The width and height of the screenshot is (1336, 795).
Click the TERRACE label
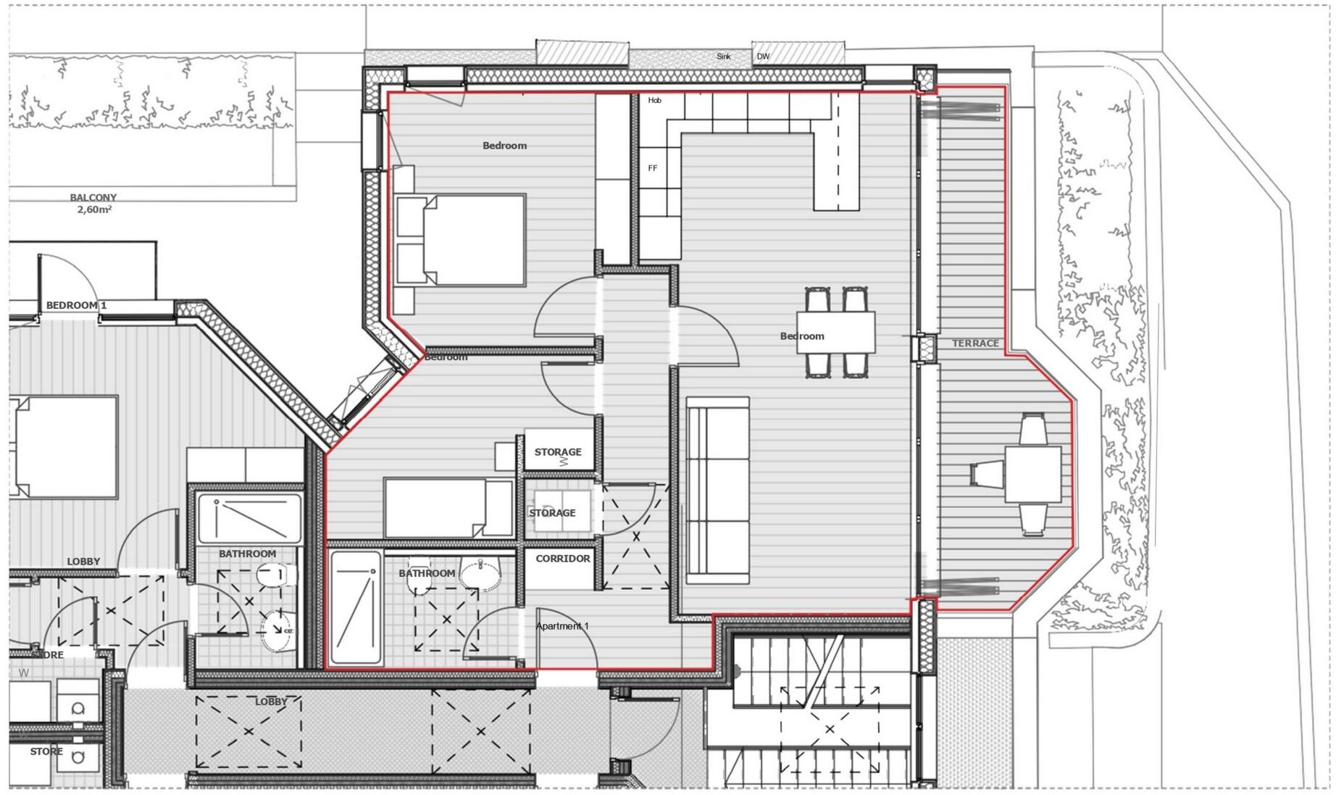(974, 344)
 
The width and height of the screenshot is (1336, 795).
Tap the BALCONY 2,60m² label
(93, 204)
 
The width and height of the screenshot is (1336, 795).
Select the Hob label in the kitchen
(654, 101)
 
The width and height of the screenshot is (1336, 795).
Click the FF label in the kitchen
(653, 168)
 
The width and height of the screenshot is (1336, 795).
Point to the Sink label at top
(723, 57)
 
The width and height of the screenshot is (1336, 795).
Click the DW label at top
(763, 57)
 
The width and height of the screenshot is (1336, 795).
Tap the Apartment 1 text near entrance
(562, 626)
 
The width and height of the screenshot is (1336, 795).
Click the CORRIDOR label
(562, 559)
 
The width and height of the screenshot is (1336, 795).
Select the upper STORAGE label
(557, 452)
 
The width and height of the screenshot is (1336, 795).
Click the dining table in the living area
(835, 333)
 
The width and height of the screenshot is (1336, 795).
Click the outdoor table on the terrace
(1032, 474)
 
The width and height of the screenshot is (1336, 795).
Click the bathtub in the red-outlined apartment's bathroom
(356, 607)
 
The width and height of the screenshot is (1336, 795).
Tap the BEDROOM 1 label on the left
(76, 305)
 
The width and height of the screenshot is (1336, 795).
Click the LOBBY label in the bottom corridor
(271, 702)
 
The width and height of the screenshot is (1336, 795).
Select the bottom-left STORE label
(46, 752)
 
